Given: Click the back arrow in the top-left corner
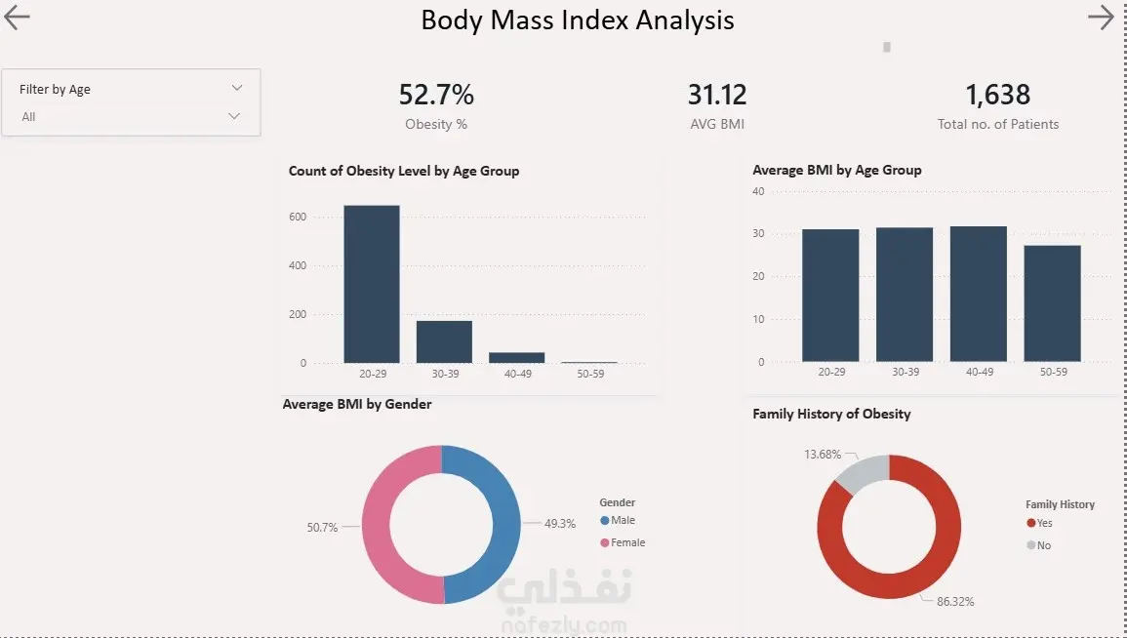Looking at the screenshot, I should coord(18,18).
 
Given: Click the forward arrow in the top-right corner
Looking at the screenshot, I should coord(1101,18).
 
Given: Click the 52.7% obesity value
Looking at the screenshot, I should coord(436,95).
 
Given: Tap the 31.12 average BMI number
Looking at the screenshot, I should coord(717,95).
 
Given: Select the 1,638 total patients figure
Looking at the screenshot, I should coord(998,95).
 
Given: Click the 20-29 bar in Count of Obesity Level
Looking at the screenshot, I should coord(372,284).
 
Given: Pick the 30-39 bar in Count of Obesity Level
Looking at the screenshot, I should coord(444,341).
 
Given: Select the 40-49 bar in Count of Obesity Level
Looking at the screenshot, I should coord(517,357).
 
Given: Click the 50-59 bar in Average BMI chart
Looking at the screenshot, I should coord(1052,303).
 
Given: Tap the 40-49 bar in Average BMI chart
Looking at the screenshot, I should coord(979,294).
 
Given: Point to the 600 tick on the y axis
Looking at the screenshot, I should coord(297,217).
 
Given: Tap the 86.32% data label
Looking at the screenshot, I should coord(955,602).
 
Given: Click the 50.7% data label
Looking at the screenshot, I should coord(322,527).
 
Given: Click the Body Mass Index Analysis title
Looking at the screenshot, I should coord(578,20).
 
